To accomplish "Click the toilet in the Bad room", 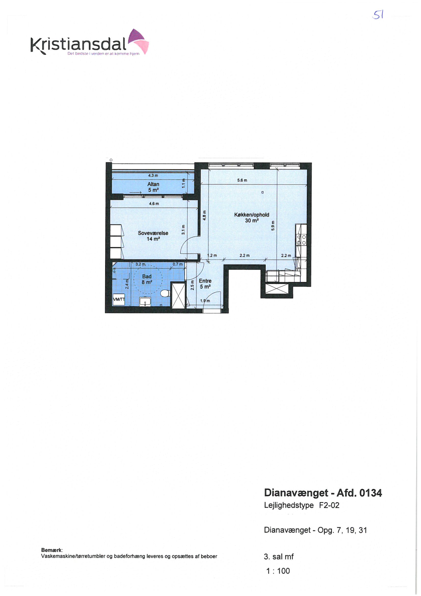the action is (x=165, y=293).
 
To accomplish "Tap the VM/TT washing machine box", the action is (x=119, y=299).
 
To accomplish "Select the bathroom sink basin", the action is (x=145, y=302).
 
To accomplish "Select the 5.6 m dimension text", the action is (x=242, y=180).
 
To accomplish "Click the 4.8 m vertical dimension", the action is (x=205, y=215).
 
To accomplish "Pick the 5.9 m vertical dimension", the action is (x=273, y=226).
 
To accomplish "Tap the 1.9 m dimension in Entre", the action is (x=205, y=301).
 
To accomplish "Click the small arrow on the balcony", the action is (x=135, y=193).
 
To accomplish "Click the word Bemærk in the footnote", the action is (x=52, y=550).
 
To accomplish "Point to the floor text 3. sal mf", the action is (x=279, y=556).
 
